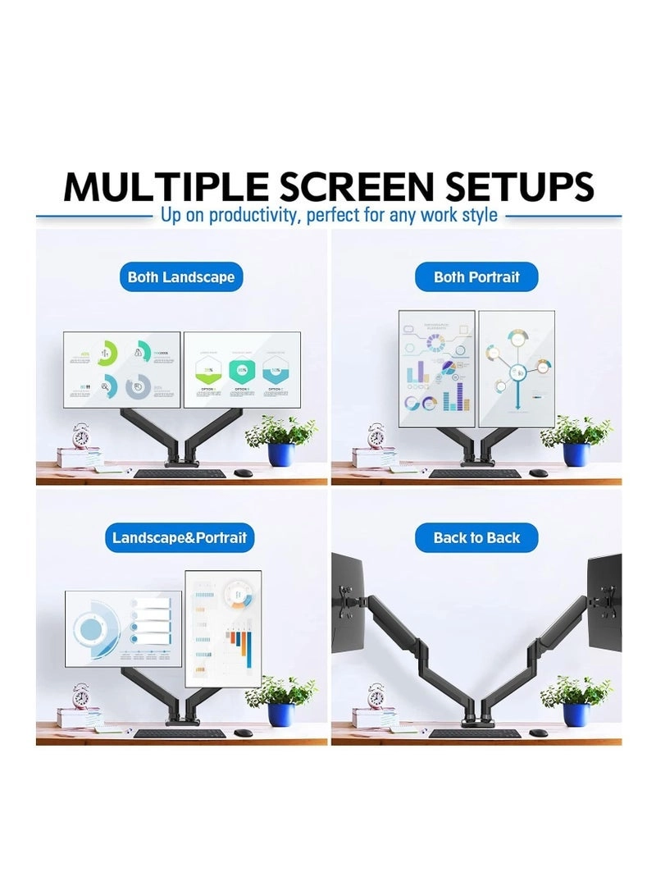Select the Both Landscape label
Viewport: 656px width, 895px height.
point(181,277)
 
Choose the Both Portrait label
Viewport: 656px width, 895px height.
point(476,277)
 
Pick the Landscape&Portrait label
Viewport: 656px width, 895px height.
point(180,538)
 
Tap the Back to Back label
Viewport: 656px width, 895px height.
point(476,538)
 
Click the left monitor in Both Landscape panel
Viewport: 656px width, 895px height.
point(122,369)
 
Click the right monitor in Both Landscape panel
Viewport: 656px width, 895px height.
point(242,369)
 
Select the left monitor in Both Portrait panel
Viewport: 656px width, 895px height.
point(436,368)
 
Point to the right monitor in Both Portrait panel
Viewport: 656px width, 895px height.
point(517,368)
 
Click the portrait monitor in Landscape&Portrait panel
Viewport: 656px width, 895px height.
point(223,628)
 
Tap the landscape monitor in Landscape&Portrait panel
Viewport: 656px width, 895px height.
point(123,628)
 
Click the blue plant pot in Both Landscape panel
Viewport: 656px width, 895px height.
point(280,454)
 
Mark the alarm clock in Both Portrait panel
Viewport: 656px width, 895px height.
point(376,435)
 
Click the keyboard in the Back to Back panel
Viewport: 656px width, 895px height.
point(474,733)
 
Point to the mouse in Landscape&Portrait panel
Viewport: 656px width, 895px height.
point(243,732)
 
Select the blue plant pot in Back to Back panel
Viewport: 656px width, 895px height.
point(576,714)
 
